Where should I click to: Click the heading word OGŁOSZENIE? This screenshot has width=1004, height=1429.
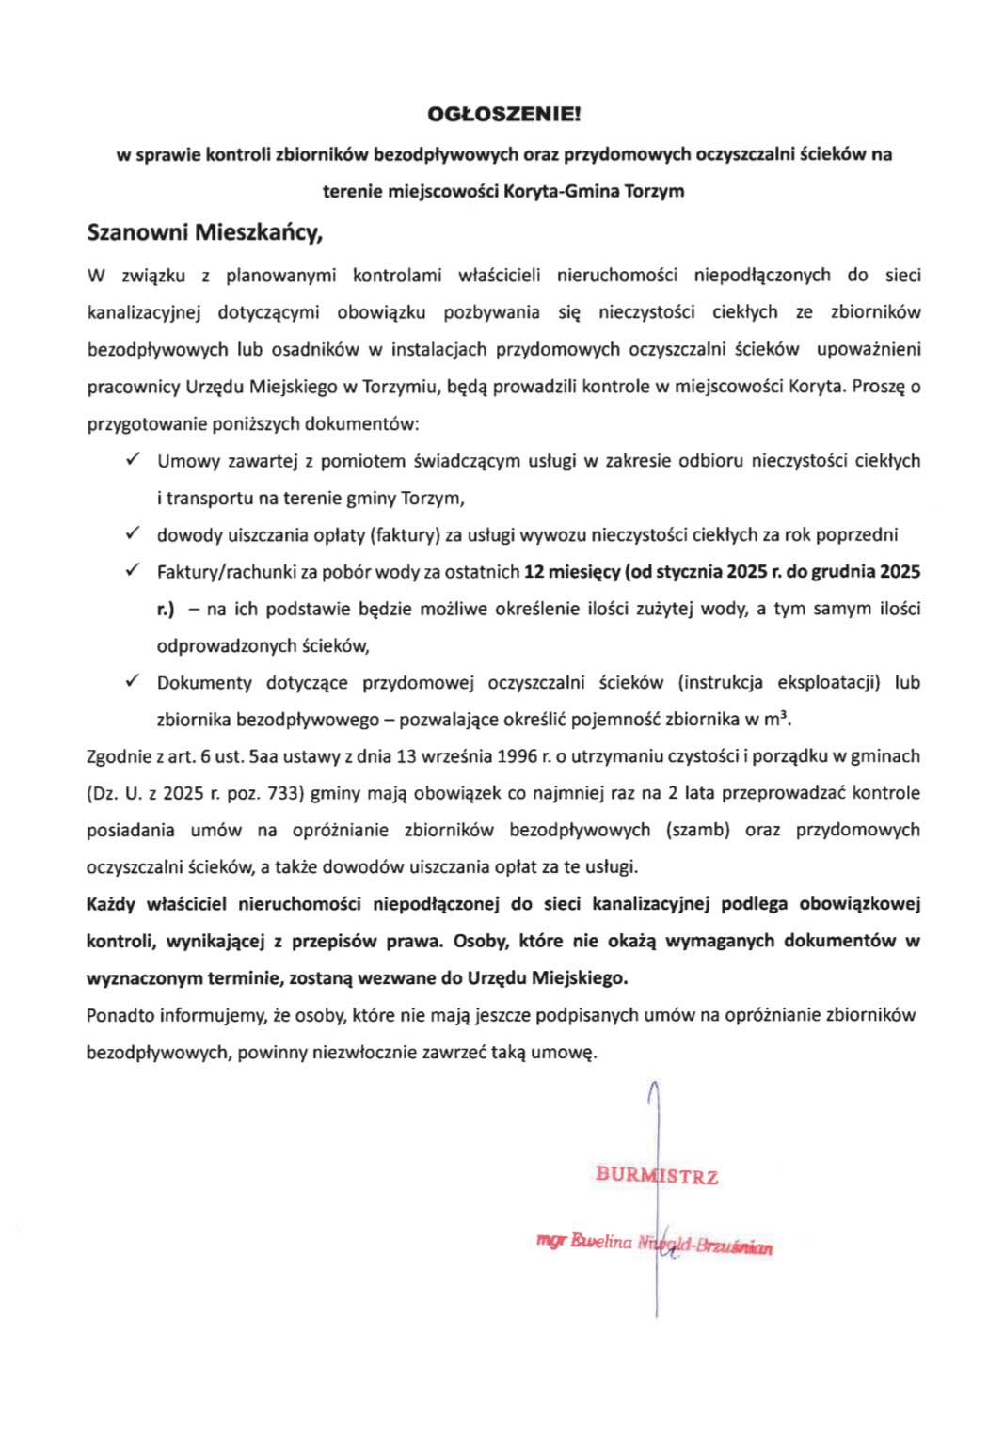(504, 116)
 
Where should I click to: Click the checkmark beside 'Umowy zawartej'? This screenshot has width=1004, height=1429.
(133, 460)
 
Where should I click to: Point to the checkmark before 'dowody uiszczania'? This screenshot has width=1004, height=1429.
(133, 534)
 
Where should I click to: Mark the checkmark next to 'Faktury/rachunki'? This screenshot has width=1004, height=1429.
(133, 571)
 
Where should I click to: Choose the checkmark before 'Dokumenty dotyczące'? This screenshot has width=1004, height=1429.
(133, 682)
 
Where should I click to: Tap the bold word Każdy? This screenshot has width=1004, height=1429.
(111, 904)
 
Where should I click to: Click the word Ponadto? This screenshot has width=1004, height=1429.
(120, 1015)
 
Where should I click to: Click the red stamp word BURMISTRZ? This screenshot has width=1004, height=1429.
(657, 1175)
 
